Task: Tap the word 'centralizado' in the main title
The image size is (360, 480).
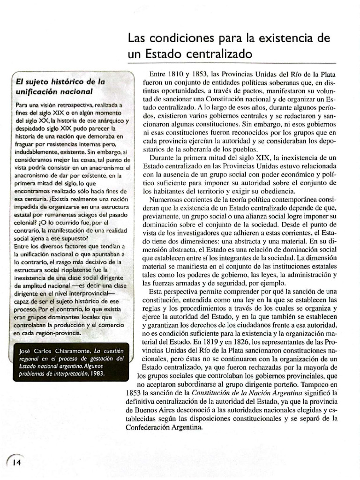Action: (x=217, y=54)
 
